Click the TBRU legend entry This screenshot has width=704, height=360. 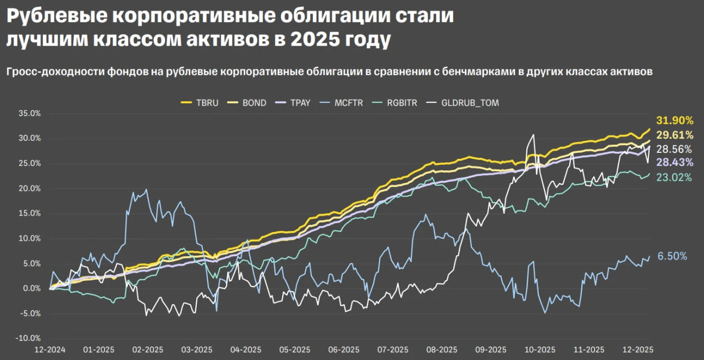(x=200, y=103)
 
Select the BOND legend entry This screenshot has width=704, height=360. (x=247, y=103)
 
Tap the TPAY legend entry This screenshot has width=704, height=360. (x=293, y=103)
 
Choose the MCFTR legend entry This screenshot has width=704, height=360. (x=341, y=103)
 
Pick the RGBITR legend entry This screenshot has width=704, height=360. (x=394, y=103)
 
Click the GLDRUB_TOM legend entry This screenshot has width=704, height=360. (x=463, y=103)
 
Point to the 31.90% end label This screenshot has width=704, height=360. (x=674, y=120)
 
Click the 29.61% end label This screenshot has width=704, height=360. (x=674, y=135)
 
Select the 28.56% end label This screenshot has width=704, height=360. (x=674, y=149)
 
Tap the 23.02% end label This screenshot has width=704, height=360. (x=674, y=178)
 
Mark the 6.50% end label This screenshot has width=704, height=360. (x=672, y=256)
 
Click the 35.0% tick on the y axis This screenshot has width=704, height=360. (x=30, y=113)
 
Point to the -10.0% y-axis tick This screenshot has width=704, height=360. (x=28, y=339)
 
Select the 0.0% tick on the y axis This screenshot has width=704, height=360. (x=32, y=289)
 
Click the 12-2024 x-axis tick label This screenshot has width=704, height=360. (x=50, y=350)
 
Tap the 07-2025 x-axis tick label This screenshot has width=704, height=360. (x=393, y=350)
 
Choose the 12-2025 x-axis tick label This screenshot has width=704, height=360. (x=638, y=350)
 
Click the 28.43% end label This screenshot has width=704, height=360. (x=674, y=162)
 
